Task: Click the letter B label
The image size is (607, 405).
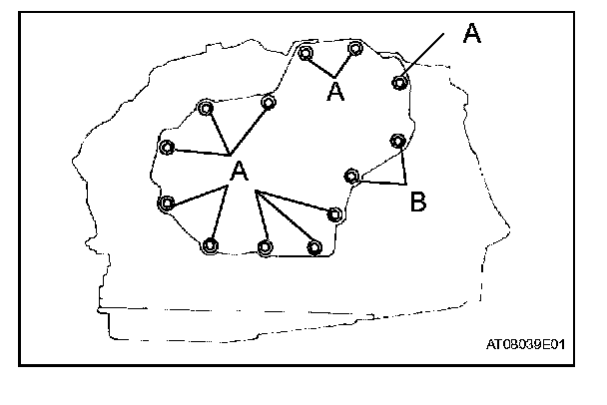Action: point(419,202)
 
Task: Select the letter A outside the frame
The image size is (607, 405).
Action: point(472,33)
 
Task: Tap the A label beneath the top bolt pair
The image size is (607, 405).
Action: point(336,92)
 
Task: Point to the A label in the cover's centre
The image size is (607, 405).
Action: point(239,173)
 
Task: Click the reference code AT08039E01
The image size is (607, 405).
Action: point(525,345)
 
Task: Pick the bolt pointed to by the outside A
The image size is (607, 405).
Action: point(399,82)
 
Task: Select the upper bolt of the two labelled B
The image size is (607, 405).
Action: point(397,141)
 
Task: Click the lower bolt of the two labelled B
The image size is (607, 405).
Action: point(351,177)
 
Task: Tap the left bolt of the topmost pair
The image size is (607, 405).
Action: point(305,54)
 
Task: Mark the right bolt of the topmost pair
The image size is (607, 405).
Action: point(354,48)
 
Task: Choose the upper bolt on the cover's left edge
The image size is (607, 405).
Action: point(167,148)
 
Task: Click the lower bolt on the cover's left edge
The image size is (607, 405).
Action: point(166,203)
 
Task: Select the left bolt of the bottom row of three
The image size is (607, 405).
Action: point(210,245)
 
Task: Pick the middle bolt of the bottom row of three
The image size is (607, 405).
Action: point(265,246)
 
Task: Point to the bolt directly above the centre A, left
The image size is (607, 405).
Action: point(205,108)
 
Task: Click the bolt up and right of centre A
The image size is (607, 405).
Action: point(268,102)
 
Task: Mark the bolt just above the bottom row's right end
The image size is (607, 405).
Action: point(335,212)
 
